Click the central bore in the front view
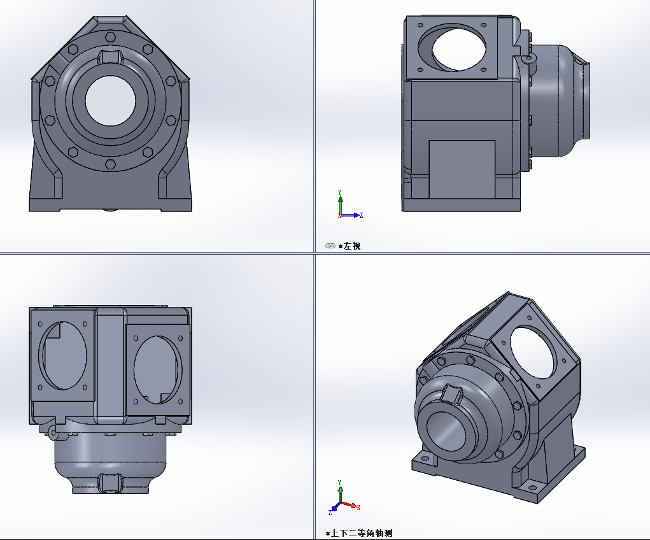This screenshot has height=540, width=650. tap(110, 101)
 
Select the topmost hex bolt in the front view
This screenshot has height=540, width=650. tap(110, 38)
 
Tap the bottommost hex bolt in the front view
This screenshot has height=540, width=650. tap(110, 164)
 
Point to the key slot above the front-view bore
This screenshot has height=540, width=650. tap(110, 57)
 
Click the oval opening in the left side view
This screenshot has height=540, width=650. tap(453, 48)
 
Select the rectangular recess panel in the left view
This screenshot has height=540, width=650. tap(462, 169)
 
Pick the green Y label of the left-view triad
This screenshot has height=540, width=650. tap(339, 192)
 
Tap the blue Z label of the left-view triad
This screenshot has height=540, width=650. tap(361, 215)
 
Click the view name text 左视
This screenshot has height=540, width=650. tap(352, 246)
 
